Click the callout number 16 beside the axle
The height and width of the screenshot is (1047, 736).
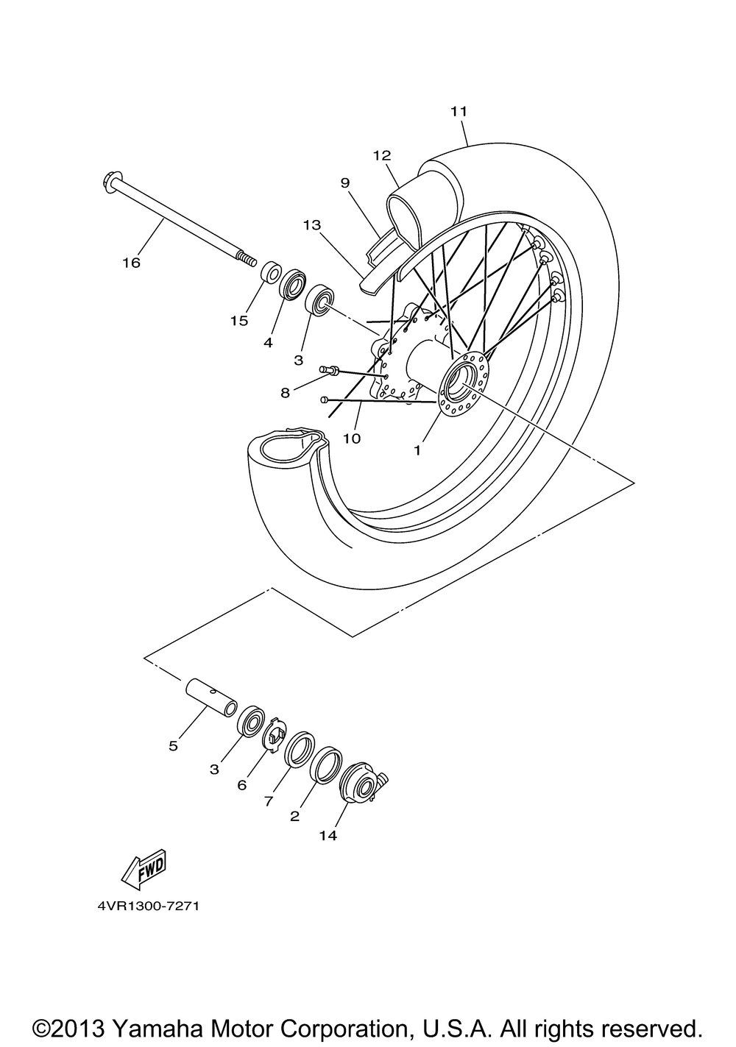click(x=132, y=263)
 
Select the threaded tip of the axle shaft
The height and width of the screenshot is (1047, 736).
click(x=247, y=258)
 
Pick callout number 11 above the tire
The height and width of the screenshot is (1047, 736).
click(x=459, y=112)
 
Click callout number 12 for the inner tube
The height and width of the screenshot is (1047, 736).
click(x=381, y=155)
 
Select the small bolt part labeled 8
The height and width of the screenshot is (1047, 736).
click(x=330, y=370)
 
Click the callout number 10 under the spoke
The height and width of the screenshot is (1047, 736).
click(x=352, y=439)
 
